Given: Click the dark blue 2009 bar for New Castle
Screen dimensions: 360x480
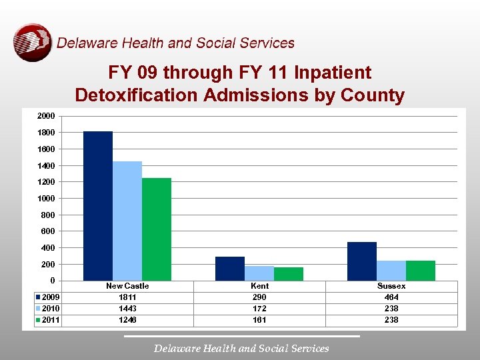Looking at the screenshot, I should coord(98,206).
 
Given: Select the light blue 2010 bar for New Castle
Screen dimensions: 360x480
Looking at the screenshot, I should coord(127,221).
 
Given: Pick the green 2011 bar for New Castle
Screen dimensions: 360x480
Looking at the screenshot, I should coord(157,229).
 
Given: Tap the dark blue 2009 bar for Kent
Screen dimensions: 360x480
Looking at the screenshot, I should coord(230,269).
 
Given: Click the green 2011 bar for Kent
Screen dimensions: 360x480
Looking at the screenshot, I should coord(289,274).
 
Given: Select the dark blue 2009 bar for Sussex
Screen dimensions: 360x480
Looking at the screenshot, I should coord(362,261).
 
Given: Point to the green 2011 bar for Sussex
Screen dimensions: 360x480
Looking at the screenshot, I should coord(421,271).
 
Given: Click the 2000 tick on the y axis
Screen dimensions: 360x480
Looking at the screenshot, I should coord(46,116).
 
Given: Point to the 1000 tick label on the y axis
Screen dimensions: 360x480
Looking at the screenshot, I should coord(46,199).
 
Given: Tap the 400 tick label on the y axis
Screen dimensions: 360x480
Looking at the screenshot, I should coord(47,248).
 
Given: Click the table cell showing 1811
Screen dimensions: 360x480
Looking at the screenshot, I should coord(127,297).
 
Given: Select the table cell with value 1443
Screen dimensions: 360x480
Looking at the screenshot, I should coord(127,309).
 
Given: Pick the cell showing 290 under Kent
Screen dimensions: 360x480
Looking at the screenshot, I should coord(259,297).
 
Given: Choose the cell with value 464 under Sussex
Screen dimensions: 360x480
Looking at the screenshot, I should coord(391,297).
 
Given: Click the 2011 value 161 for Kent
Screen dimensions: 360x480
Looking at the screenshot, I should coord(259,320).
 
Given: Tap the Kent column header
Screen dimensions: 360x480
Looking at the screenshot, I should coord(259,286).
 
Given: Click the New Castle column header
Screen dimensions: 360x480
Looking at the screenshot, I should coord(127,286).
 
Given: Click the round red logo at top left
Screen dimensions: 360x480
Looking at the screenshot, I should coord(32,43).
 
